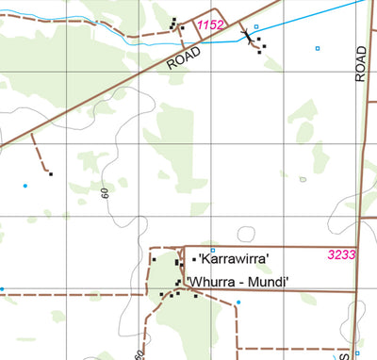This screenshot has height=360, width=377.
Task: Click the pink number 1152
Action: pos(210,25)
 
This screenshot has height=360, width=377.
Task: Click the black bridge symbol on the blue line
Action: pos(248,37)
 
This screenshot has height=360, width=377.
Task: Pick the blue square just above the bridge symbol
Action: pos(255,27)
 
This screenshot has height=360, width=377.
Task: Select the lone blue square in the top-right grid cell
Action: pos(318,48)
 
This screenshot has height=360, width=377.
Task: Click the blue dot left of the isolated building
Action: pos(25,186)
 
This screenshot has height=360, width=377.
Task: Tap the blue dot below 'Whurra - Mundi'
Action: pos(238,303)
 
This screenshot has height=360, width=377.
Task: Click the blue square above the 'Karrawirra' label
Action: pos(213,250)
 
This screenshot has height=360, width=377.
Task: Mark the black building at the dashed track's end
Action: pos(50,173)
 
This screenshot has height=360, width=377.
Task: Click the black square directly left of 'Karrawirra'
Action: pos(194,259)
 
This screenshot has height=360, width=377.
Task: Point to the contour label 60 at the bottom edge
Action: pos(139,354)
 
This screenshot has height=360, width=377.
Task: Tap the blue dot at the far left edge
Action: pos(2,289)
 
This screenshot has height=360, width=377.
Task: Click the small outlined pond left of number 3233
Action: pos(247,234)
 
